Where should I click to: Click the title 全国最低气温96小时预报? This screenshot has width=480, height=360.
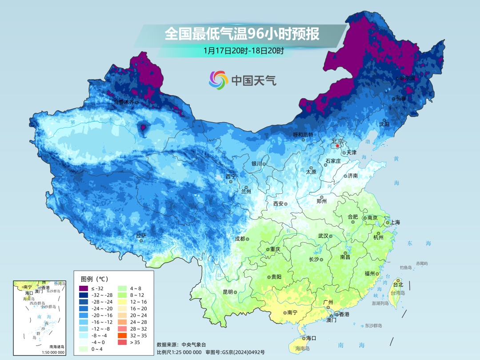(242, 34)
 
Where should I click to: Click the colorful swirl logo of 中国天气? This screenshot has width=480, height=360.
(218, 80)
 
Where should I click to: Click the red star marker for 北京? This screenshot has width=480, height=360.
(337, 146)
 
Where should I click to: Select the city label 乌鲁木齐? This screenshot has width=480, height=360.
(123, 102)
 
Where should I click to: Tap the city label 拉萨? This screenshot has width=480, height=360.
(141, 236)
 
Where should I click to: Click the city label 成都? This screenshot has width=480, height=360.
(240, 239)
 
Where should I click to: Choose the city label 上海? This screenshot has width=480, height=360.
(395, 222)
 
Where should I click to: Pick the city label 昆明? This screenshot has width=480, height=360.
(228, 292)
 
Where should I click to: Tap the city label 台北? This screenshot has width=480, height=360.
(398, 285)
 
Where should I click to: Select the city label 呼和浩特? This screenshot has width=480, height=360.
(303, 135)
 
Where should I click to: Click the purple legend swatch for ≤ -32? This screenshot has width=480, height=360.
(84, 288)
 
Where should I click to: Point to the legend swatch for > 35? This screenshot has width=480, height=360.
(122, 342)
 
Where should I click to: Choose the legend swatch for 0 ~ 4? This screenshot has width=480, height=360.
(84, 349)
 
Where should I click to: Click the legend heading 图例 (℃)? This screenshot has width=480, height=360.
(94, 279)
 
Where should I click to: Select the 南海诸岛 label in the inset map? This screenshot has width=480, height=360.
(56, 347)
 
